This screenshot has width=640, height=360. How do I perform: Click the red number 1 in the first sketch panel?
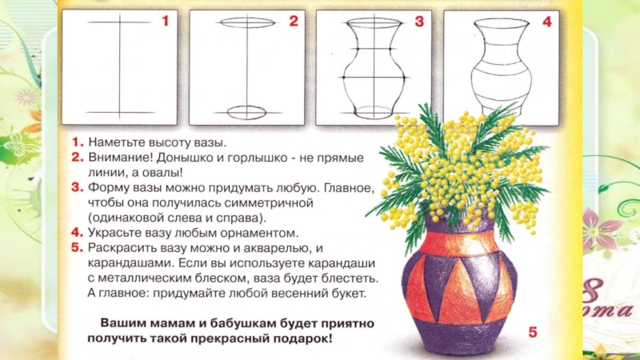click(x=166, y=21)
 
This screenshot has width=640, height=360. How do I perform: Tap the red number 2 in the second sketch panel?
click(x=294, y=21)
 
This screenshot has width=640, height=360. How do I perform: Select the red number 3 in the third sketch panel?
click(x=419, y=22)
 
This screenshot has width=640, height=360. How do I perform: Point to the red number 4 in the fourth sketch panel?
click(x=547, y=22)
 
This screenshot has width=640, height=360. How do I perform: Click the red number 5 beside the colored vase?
click(x=533, y=332)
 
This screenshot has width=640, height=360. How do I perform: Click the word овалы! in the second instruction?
click(x=162, y=173)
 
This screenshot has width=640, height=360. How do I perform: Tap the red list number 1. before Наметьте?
click(x=78, y=142)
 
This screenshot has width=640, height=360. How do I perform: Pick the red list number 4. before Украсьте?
click(x=77, y=233)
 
